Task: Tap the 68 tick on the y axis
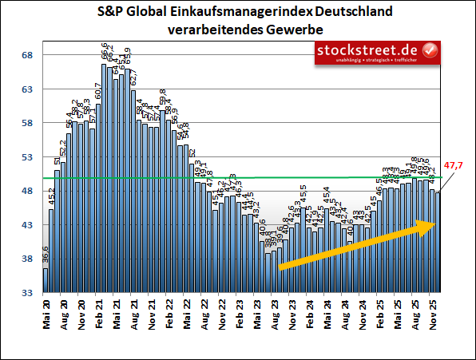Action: point(26,55)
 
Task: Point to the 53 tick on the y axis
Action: point(26,157)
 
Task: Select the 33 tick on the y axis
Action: point(26,293)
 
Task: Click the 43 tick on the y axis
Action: point(26,225)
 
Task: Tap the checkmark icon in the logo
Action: point(429,51)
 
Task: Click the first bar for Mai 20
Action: point(46,281)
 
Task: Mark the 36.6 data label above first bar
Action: point(46,255)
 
